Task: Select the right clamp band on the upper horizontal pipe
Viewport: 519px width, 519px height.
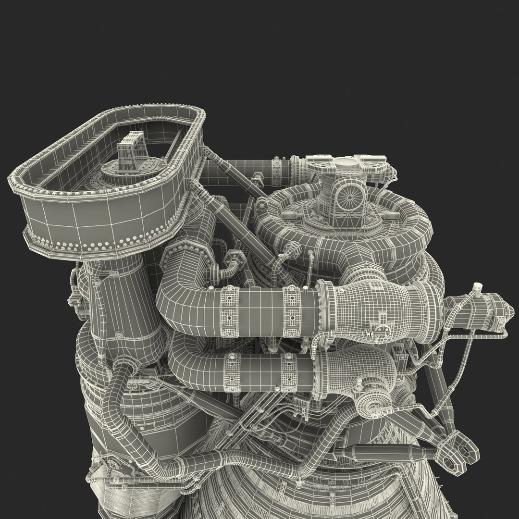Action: click(291, 306)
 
